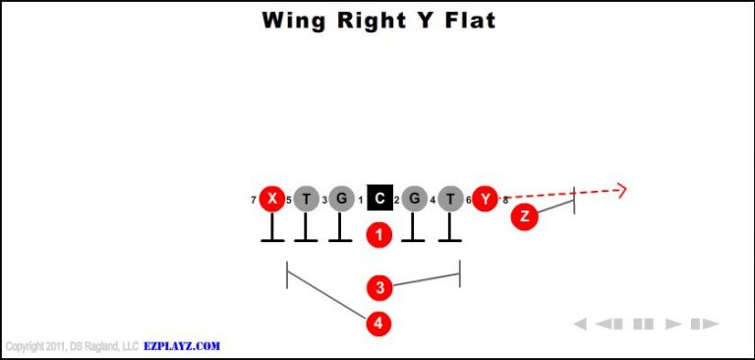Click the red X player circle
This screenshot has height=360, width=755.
[272, 200]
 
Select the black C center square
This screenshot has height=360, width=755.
[379, 200]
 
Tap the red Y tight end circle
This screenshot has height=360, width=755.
[485, 200]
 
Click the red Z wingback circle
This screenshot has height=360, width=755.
[525, 217]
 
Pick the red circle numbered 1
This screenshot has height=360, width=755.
[379, 235]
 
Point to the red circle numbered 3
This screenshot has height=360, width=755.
[379, 287]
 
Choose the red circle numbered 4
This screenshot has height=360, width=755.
[379, 323]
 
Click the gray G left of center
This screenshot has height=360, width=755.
[341, 200]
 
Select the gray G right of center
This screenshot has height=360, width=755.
[415, 200]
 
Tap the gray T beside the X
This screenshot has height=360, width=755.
[307, 200]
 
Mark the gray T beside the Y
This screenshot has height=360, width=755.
[450, 200]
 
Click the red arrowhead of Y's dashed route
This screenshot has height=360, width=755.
[619, 190]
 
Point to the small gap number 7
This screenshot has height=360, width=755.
[254, 201]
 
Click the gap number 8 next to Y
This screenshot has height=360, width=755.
[505, 201]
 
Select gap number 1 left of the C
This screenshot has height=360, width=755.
[361, 201]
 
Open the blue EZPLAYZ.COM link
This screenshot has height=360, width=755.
[183, 346]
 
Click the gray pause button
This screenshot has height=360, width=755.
[643, 324]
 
